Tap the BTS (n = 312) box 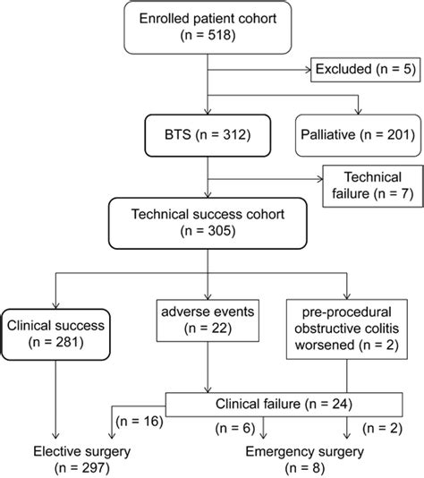(208, 135)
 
